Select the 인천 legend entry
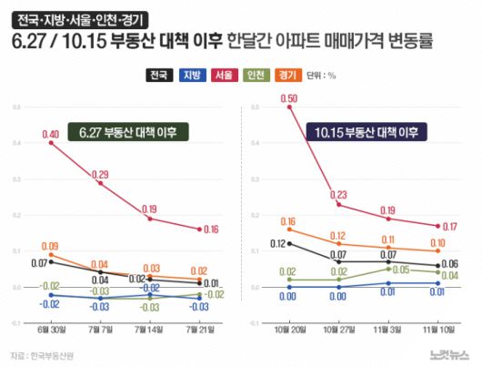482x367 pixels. (x=256, y=76)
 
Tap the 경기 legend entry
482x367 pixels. (x=287, y=76)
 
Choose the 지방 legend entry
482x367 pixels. (x=192, y=76)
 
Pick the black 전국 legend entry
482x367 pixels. (x=159, y=76)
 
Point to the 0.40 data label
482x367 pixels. (x=51, y=134)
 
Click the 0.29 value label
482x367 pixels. (x=101, y=174)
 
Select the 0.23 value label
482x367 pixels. (x=338, y=194)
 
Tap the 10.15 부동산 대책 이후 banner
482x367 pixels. (x=367, y=132)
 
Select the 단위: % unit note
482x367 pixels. (x=322, y=76)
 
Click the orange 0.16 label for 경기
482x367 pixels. (x=289, y=221)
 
